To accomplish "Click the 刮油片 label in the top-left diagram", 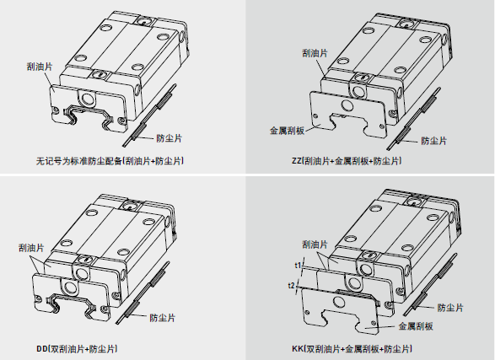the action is (40, 67).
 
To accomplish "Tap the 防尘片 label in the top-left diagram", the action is (169, 138).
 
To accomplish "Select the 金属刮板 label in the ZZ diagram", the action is (287, 131).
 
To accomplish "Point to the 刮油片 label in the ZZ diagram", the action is (315, 53).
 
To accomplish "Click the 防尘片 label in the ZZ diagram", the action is (434, 141).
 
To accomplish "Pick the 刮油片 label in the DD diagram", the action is (31, 248).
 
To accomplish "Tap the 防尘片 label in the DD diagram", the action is (162, 318).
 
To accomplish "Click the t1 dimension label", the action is (298, 266).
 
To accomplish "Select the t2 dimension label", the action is (291, 286).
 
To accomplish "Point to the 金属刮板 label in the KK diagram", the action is (416, 326).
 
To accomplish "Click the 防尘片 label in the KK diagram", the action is (450, 308).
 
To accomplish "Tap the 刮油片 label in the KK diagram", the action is (315, 244).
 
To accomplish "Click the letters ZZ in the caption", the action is (297, 161).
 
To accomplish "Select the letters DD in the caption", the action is (41, 349).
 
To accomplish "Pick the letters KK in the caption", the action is (297, 349).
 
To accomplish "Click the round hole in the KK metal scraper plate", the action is (339, 304).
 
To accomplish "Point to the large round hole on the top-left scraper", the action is (88, 99).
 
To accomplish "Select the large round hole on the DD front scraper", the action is (70, 287).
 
